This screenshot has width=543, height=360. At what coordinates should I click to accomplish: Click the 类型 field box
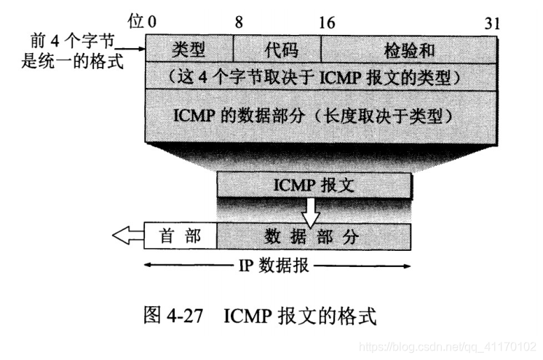[x=189, y=49]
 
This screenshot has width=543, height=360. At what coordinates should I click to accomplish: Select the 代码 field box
[x=277, y=49]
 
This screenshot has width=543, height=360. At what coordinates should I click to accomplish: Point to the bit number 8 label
[x=239, y=23]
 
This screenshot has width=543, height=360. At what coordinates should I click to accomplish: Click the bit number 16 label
[x=327, y=23]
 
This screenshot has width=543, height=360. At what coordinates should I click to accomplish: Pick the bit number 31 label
[x=493, y=23]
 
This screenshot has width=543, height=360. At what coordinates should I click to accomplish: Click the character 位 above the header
[x=135, y=22]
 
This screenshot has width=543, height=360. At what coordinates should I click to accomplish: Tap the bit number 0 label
[x=151, y=23]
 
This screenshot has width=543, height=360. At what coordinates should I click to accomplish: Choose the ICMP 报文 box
[x=314, y=185]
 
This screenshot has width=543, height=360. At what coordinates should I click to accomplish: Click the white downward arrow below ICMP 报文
[x=312, y=212]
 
